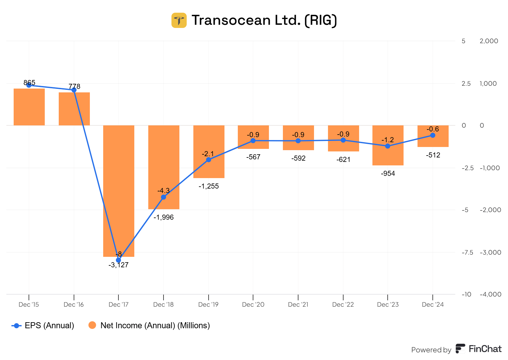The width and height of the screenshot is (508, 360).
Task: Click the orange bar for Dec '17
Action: coord(118,190)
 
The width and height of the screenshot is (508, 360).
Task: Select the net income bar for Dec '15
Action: coord(29,107)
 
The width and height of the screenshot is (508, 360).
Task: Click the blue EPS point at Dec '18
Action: coord(164,197)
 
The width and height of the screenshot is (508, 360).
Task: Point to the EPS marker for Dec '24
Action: coord(432,135)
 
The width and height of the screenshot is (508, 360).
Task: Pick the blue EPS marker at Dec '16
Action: coord(74,90)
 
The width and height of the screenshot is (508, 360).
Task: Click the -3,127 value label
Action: coord(118,265)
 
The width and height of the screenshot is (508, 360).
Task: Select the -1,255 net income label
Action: coord(209,186)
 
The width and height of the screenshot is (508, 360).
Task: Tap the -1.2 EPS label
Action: coord(388,140)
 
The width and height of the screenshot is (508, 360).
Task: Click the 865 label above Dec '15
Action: coord(29,83)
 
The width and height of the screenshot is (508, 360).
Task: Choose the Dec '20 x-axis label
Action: coord(253,304)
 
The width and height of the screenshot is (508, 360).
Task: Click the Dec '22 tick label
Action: coord(343,304)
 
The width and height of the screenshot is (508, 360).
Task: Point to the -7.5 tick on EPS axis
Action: coord(467,252)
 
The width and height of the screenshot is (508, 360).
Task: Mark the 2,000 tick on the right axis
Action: coord(489,41)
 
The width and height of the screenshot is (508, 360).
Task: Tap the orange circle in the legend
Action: coord(92,325)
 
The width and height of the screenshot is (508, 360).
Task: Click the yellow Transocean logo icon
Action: coord(179,20)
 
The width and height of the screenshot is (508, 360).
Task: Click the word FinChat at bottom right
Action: coord(485,349)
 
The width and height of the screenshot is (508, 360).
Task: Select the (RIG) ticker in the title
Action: coord(321,20)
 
